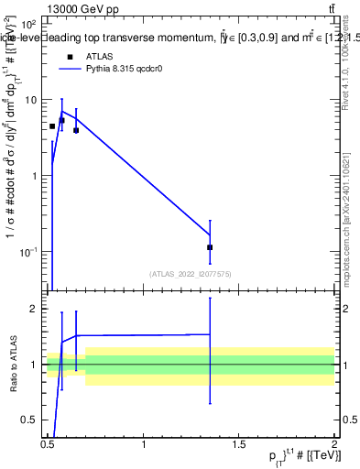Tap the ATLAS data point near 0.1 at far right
[x=211, y=247]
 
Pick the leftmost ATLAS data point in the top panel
[x=52, y=126]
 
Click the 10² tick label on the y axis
[x=28, y=23]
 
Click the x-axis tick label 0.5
[x=48, y=444]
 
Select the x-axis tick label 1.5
[x=239, y=444]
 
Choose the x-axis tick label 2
[x=334, y=444]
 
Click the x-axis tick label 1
[x=144, y=444]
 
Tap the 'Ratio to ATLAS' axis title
[x=13, y=365]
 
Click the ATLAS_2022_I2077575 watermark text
[x=191, y=274]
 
